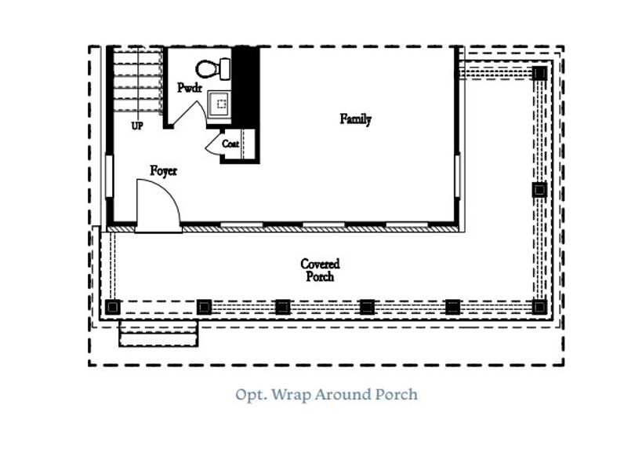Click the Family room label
coord(355,119)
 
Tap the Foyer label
coord(164,170)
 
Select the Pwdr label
coord(190,88)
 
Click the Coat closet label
coord(230,144)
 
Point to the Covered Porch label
coord(320,270)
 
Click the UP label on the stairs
coord(137,126)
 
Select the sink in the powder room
coord(219,102)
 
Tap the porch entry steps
coord(158,333)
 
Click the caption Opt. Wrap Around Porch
coord(326,394)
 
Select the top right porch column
coord(539,73)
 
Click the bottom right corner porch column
coord(539,306)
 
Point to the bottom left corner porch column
coord(113,306)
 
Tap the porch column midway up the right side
coord(539,189)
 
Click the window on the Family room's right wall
coord(457,177)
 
